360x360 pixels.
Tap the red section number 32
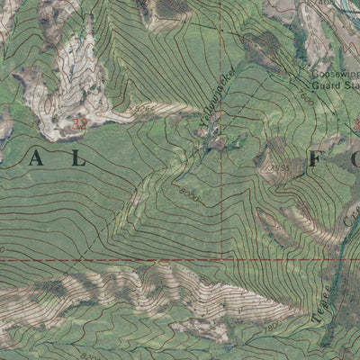pos(81,122)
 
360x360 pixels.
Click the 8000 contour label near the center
pos(187,191)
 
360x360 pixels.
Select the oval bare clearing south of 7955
pos(268,219)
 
